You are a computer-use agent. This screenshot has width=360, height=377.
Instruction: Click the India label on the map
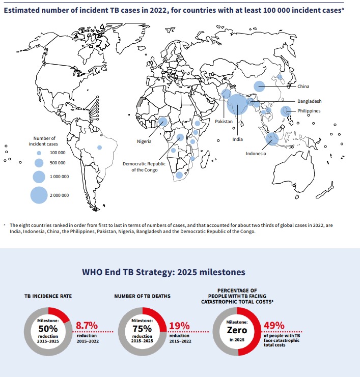tap(238, 139)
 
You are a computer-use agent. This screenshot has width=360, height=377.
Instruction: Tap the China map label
tap(303, 86)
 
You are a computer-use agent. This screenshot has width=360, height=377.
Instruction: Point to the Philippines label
tap(309, 110)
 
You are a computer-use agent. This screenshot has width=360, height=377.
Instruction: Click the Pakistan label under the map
tap(224, 122)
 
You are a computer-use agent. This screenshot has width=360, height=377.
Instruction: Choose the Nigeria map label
tap(144, 141)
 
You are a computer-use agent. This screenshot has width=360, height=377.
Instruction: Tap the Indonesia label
tap(256, 154)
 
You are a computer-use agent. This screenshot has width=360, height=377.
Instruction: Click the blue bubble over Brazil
tap(100, 147)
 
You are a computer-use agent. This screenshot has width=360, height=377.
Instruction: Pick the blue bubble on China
tap(260, 86)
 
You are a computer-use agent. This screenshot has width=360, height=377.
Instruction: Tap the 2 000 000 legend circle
tap(39, 195)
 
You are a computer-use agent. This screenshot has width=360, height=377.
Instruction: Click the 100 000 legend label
tap(58, 153)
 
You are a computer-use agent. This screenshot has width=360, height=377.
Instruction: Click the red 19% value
tap(179, 326)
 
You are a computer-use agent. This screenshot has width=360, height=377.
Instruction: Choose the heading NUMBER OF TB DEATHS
tap(143, 295)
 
